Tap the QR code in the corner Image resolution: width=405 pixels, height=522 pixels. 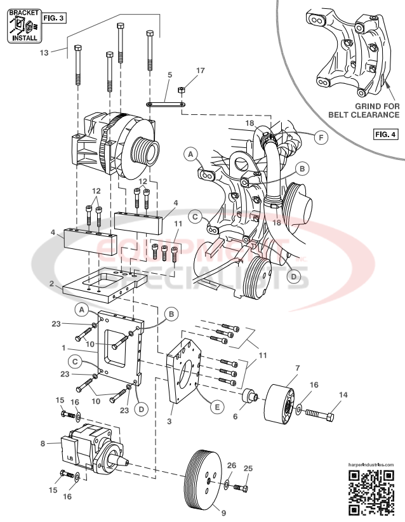click(x=372, y=493)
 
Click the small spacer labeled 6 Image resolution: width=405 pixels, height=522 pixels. click(x=249, y=400)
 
